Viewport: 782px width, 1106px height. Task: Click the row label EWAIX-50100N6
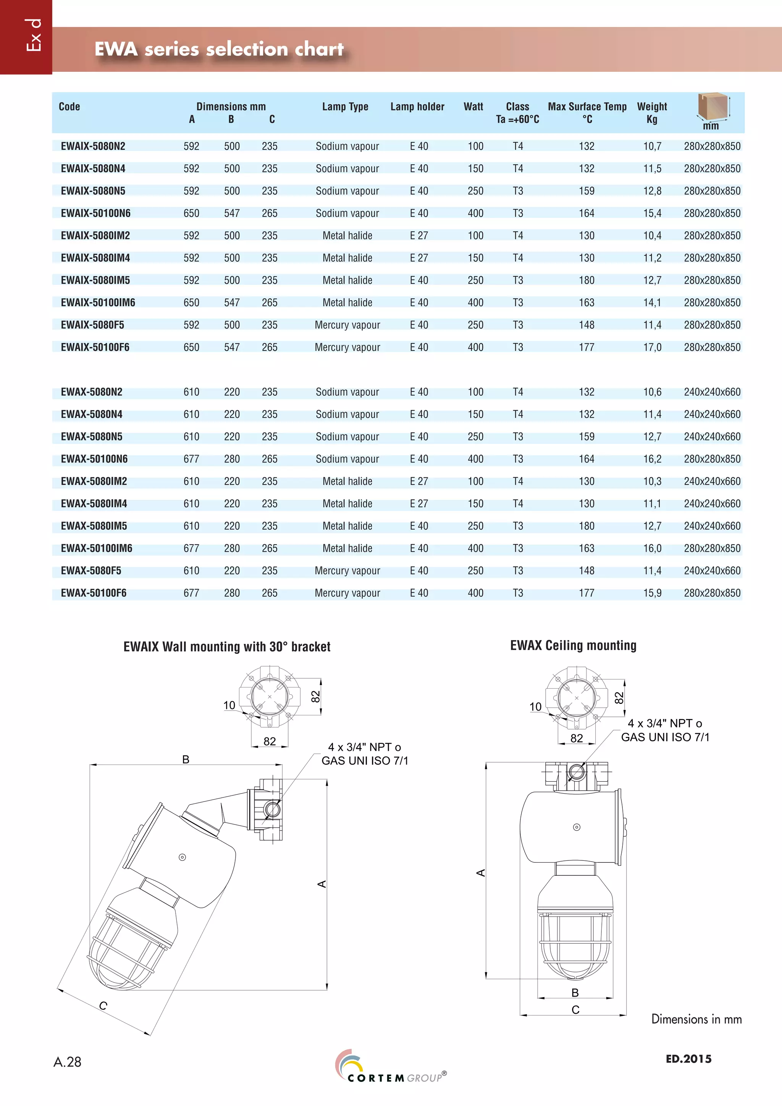pyautogui.click(x=95, y=213)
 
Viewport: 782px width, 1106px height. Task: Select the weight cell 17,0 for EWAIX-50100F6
pyautogui.click(x=652, y=347)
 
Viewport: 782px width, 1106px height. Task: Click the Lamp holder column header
pyautogui.click(x=417, y=107)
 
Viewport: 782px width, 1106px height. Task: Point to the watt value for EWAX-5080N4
pyautogui.click(x=475, y=414)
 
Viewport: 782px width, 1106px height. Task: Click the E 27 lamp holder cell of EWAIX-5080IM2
pyautogui.click(x=418, y=236)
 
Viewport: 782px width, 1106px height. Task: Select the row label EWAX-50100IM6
pyautogui.click(x=96, y=548)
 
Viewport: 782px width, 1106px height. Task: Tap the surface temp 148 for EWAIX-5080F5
pyautogui.click(x=586, y=325)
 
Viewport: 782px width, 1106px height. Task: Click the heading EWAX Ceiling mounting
pyautogui.click(x=573, y=645)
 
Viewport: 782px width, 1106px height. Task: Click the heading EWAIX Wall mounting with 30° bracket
pyautogui.click(x=227, y=647)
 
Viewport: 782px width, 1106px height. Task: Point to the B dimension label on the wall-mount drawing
pyautogui.click(x=186, y=760)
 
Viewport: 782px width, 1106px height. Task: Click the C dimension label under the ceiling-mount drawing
pyautogui.click(x=575, y=1010)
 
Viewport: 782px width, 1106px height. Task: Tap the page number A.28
pyautogui.click(x=68, y=1062)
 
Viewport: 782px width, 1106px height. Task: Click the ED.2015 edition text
pyautogui.click(x=688, y=1059)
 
